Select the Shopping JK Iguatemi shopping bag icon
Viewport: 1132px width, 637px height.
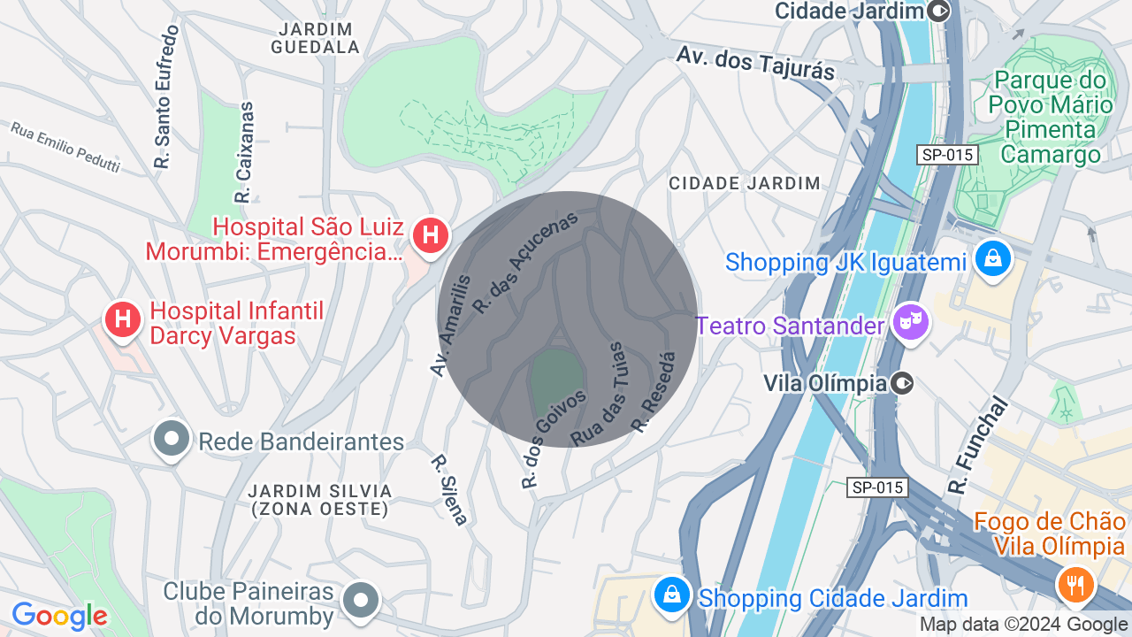click(x=993, y=260)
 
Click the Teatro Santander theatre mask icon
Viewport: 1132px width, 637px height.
click(x=909, y=323)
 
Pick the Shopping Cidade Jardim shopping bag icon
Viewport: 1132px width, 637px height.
click(x=672, y=595)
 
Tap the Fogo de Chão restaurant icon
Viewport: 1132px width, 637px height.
click(x=1075, y=584)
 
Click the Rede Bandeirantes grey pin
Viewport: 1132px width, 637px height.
click(x=172, y=439)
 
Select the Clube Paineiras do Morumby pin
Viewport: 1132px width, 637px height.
click(x=360, y=601)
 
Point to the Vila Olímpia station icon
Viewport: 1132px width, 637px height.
click(x=902, y=383)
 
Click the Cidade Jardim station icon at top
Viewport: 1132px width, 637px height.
click(x=938, y=11)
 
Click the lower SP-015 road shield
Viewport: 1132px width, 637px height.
click(x=876, y=487)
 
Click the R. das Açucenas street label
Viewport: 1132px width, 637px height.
click(x=525, y=262)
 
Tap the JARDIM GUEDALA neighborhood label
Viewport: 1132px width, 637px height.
click(x=315, y=38)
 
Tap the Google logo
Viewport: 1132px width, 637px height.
click(x=59, y=616)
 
